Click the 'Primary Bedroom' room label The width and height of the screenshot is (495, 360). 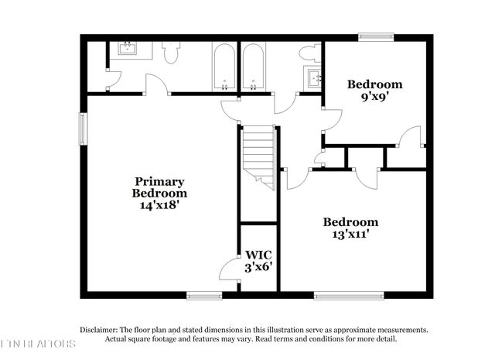pyautogui.click(x=159, y=187)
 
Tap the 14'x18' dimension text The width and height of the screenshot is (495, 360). pyautogui.click(x=159, y=206)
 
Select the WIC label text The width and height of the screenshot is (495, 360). pyautogui.click(x=258, y=254)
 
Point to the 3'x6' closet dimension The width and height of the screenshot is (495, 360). pyautogui.click(x=258, y=267)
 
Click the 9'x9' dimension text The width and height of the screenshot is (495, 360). pyautogui.click(x=374, y=98)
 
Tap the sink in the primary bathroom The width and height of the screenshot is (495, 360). pyautogui.click(x=126, y=49)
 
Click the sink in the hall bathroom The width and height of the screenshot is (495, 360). pyautogui.click(x=313, y=78)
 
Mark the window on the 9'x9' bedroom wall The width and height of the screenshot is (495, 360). pyautogui.click(x=375, y=35)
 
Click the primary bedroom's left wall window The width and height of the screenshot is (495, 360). pyautogui.click(x=83, y=129)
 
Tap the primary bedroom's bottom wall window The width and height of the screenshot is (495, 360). pyautogui.click(x=204, y=294)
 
